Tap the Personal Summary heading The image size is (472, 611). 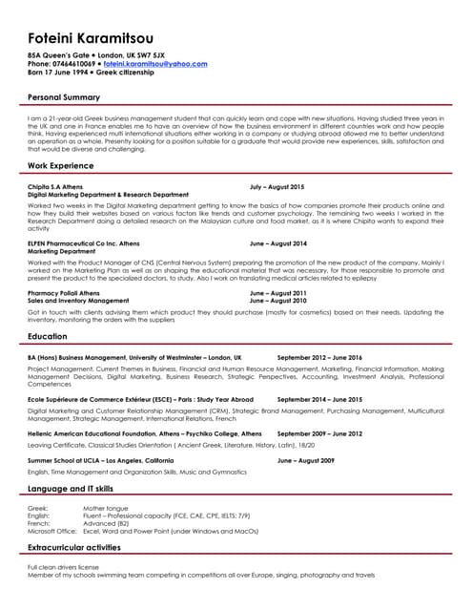point(64,97)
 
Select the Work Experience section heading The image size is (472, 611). point(60,166)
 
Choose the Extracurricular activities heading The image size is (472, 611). point(79,546)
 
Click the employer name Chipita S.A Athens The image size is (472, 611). point(55,187)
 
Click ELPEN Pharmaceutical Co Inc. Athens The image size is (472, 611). point(84,243)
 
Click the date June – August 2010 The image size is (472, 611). point(278,300)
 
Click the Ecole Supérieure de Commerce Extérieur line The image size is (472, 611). point(141,399)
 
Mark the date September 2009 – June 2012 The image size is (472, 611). point(320,433)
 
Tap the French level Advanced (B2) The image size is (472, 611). point(107,522)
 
